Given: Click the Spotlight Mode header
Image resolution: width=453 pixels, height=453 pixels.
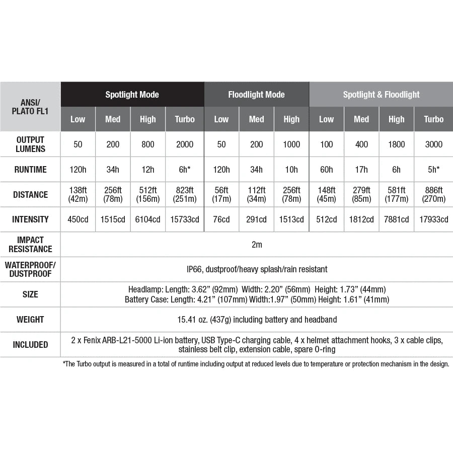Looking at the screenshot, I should click(x=132, y=95).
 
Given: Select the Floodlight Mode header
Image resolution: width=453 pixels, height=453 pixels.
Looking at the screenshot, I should click(x=256, y=95).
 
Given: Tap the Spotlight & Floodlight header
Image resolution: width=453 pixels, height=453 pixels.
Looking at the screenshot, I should click(x=381, y=95).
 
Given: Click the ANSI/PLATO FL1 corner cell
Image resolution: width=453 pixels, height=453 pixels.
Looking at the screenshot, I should click(x=30, y=107).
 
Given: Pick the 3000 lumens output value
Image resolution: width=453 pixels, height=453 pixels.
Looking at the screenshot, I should click(x=433, y=144).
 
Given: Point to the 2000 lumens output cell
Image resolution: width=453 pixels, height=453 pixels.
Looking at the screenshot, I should click(x=185, y=144).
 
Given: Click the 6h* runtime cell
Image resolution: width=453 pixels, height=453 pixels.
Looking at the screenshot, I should click(x=185, y=170).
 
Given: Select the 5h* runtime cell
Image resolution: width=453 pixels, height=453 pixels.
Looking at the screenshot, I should click(x=433, y=170).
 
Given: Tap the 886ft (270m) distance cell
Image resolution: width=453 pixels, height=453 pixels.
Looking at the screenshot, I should click(x=433, y=194).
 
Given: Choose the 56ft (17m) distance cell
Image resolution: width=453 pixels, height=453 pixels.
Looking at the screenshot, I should click(x=221, y=194).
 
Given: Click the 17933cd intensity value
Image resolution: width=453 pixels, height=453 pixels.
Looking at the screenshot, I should click(x=433, y=219).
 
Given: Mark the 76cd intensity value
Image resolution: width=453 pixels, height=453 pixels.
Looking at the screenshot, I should click(x=221, y=219).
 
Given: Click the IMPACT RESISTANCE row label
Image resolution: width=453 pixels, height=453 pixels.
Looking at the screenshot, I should click(x=30, y=244).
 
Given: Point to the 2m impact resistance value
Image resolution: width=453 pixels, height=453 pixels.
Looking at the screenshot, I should click(x=257, y=245).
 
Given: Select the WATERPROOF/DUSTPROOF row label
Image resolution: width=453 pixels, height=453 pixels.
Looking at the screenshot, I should click(x=30, y=269).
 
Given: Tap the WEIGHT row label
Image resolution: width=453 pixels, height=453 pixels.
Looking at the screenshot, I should click(x=30, y=320).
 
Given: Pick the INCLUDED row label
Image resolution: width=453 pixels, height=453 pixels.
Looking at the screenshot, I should click(x=30, y=345).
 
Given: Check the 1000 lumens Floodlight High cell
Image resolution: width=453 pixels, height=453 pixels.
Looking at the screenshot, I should click(x=291, y=144).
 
